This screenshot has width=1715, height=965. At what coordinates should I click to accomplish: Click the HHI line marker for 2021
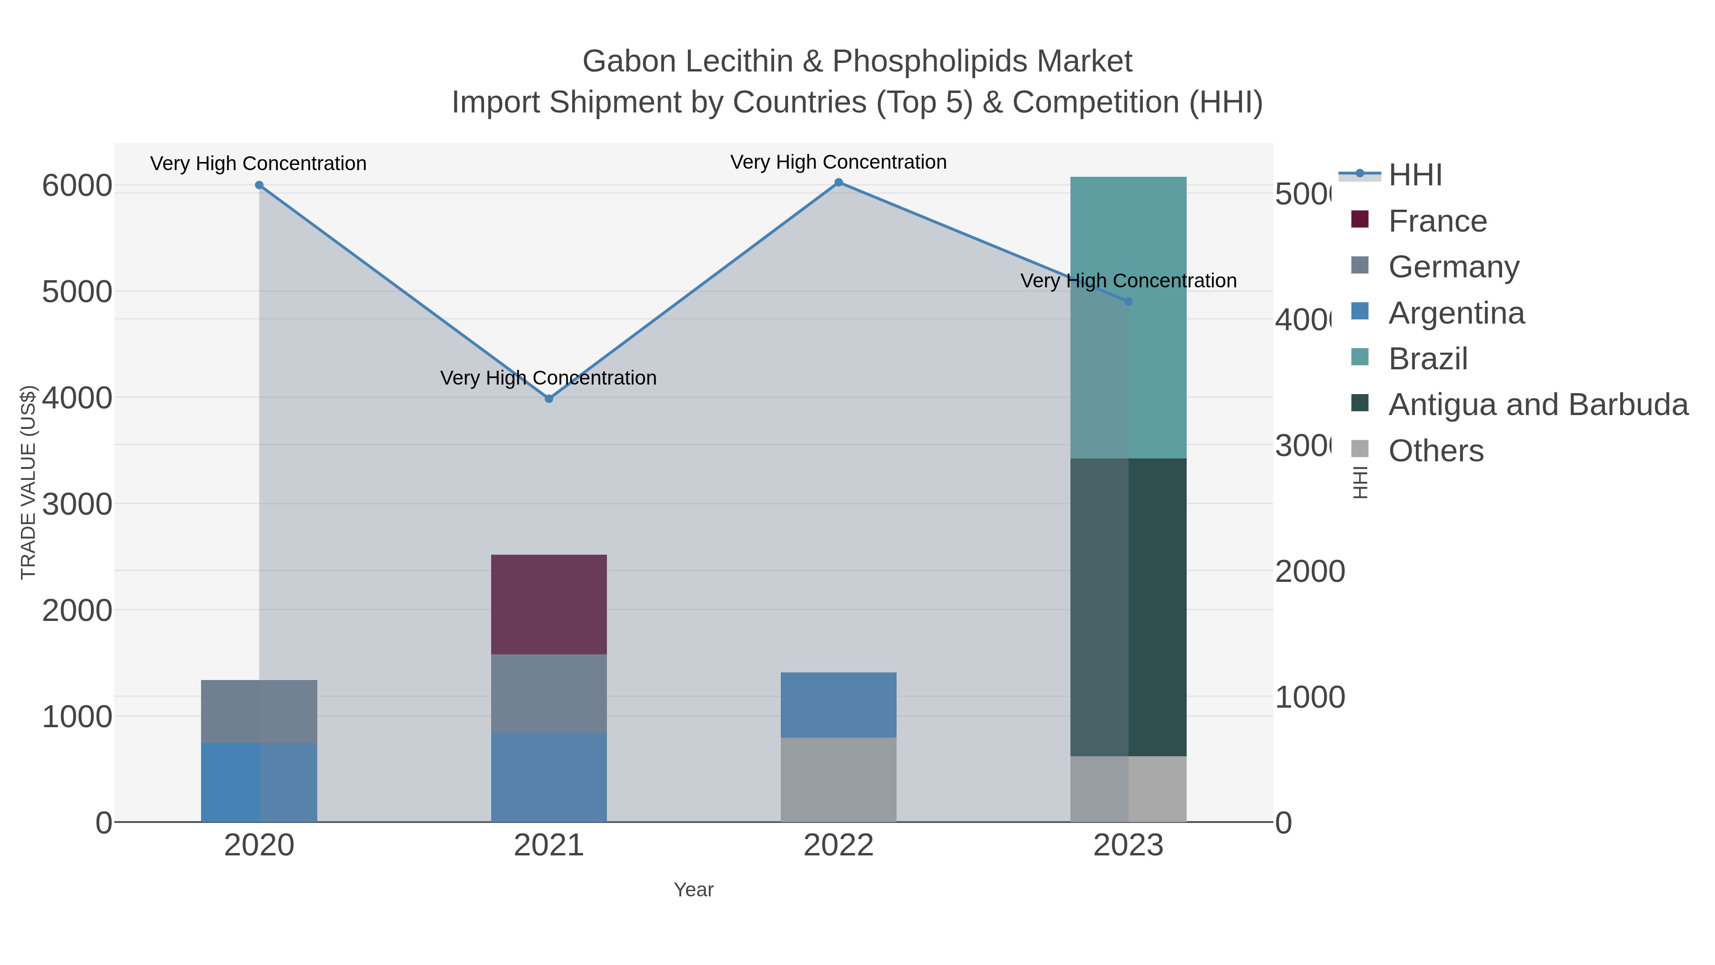549,399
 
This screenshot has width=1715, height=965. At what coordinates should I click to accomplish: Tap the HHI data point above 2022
838,183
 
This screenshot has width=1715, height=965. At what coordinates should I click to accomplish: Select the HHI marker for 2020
259,185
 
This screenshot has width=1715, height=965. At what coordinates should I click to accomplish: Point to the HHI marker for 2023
1128,302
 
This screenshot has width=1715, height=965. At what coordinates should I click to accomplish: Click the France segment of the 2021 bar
549,604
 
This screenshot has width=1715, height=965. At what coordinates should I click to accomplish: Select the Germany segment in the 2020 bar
259,711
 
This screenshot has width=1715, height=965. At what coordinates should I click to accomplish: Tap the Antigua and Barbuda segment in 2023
1128,607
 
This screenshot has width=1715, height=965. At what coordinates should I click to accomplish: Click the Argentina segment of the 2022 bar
838,705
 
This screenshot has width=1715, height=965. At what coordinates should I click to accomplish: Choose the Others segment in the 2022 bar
838,779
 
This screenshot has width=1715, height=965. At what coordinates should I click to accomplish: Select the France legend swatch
1360,220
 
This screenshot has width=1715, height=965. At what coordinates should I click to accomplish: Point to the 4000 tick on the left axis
77,398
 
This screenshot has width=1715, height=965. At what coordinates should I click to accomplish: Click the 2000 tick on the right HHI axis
1310,571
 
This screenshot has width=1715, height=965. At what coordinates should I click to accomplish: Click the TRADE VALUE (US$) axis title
28,482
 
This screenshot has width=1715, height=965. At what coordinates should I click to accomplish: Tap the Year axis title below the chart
693,890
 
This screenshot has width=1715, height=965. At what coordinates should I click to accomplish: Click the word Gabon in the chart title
628,61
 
